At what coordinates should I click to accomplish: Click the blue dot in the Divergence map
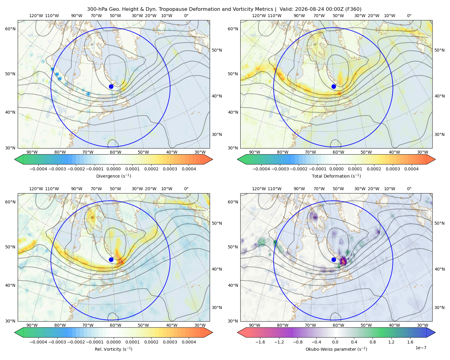click(111, 86)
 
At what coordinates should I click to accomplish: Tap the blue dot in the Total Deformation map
click(334, 86)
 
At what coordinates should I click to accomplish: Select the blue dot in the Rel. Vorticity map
click(111, 259)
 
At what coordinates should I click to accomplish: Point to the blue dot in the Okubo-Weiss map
click(334, 259)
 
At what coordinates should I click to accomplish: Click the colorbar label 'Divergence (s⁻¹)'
click(113, 176)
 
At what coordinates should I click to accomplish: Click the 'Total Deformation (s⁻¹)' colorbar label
click(336, 176)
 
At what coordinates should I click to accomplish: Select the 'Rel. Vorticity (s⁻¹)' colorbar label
click(113, 349)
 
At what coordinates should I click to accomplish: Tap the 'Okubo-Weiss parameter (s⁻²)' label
click(336, 349)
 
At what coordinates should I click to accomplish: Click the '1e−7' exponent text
click(421, 348)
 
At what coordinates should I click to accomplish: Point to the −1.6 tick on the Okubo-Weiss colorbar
click(260, 342)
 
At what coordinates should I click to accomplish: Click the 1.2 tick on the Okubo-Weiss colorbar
click(391, 342)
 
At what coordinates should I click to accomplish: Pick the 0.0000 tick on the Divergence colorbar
click(113, 169)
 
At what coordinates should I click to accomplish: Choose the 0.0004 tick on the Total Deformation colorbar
click(411, 169)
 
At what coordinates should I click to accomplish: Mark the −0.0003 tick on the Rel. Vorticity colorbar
click(57, 342)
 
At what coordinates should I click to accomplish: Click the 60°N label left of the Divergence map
click(10, 29)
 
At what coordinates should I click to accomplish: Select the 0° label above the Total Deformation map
click(409, 16)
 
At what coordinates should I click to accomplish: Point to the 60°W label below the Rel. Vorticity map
click(115, 325)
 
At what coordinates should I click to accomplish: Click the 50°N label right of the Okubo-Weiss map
click(439, 223)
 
